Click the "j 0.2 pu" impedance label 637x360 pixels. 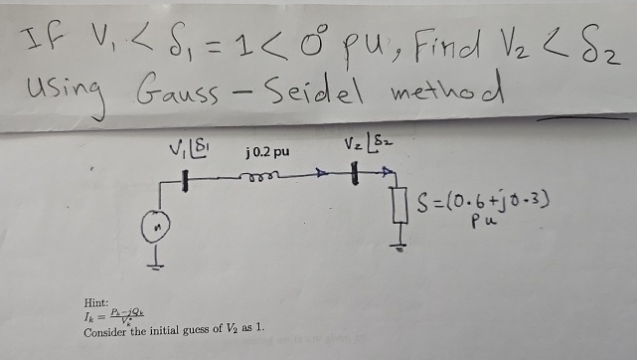tap(266, 153)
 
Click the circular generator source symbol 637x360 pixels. tap(155, 229)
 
